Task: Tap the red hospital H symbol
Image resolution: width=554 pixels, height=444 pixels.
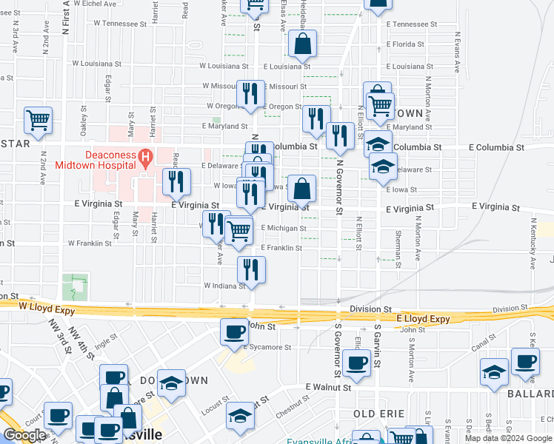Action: tap(146, 157)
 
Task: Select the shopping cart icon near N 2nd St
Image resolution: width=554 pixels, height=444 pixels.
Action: tap(38, 119)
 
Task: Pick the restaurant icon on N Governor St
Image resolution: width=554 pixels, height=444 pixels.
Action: tap(340, 135)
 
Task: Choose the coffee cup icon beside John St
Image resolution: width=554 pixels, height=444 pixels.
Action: tap(235, 331)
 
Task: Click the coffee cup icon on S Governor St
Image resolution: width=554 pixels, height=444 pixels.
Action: tap(357, 363)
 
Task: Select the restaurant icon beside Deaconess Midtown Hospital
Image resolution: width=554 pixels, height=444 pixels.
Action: tap(176, 181)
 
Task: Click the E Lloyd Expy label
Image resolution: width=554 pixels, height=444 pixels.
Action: tap(423, 319)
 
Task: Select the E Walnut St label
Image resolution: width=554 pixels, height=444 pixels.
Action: tap(328, 387)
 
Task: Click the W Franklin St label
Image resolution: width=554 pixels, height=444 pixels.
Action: tap(89, 243)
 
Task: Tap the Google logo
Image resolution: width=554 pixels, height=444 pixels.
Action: tap(24, 435)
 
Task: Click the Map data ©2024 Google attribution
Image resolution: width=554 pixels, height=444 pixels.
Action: tap(508, 438)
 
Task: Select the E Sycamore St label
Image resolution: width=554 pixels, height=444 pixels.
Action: tap(271, 346)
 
